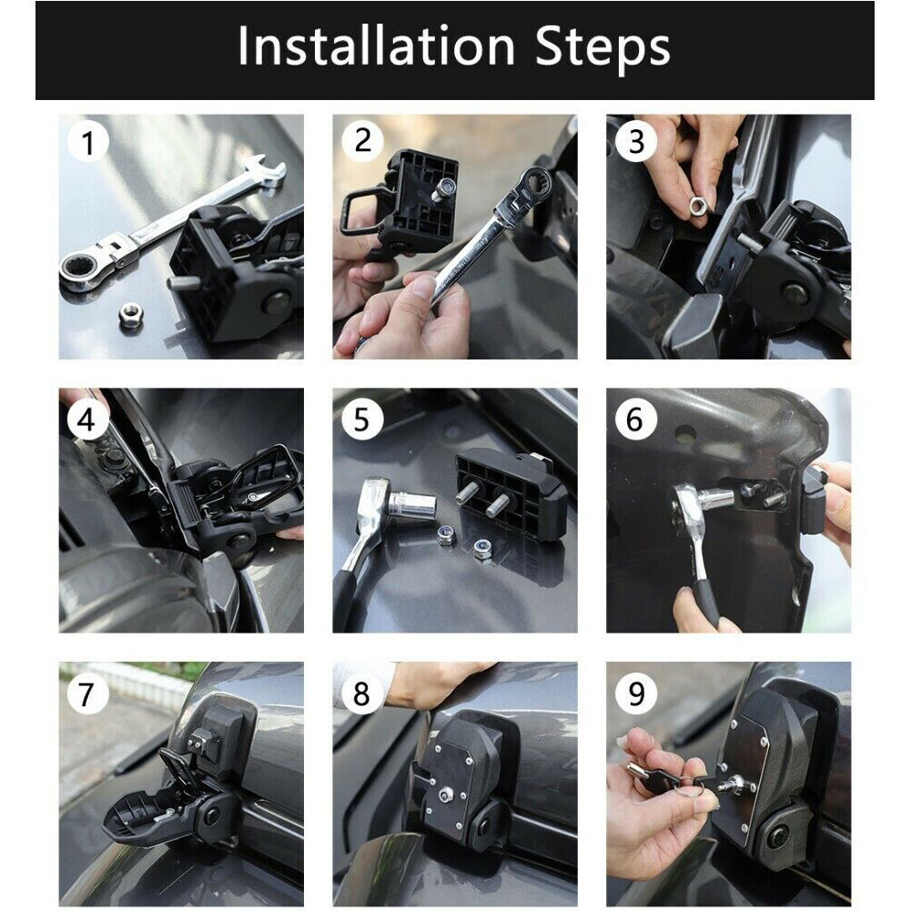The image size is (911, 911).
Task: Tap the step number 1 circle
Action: pos(87,143)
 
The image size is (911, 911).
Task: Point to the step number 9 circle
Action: pos(635,694)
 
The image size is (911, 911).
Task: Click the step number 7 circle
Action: pos(87,694)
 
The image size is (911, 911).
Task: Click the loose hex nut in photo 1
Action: pos(131,316)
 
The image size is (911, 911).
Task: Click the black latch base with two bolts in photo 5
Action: pos(506,492)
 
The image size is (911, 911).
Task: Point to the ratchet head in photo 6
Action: pos(690,502)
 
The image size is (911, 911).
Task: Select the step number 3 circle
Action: pos(635,143)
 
